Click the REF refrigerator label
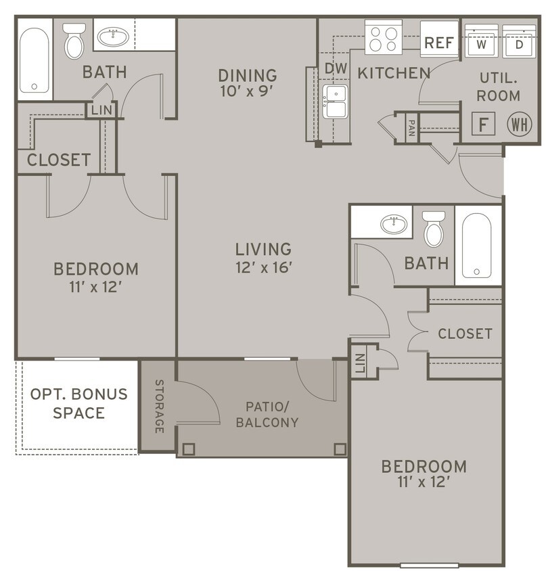tap(439, 43)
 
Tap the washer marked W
tap(481, 41)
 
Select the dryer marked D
tap(519, 41)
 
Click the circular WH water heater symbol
tap(520, 124)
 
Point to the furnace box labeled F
tap(483, 123)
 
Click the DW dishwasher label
tap(336, 68)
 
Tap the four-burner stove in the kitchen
tap(384, 37)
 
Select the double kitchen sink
tap(335, 101)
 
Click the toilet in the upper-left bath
tap(74, 41)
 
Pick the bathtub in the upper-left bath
tap(35, 60)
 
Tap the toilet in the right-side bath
tap(434, 229)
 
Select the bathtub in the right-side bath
tap(476, 246)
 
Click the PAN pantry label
tap(412, 128)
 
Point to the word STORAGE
tap(159, 406)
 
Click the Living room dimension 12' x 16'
tap(264, 268)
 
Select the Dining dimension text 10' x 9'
tap(248, 91)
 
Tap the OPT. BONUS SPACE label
tap(78, 403)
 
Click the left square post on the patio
tap(188, 449)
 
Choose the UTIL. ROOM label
tap(498, 87)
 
